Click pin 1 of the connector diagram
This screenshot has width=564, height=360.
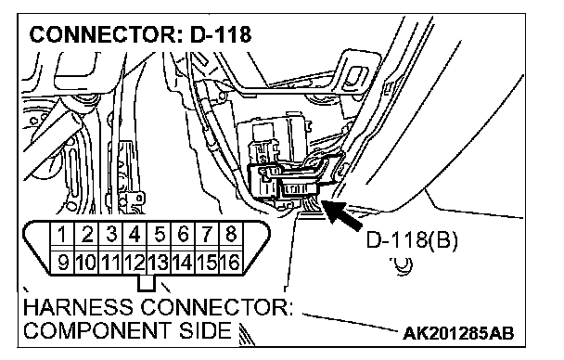pyautogui.click(x=62, y=234)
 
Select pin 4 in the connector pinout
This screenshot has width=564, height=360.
pyautogui.click(x=135, y=234)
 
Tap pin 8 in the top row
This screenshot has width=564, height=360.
pyautogui.click(x=231, y=234)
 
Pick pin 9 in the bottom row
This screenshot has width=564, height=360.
pyautogui.click(x=62, y=263)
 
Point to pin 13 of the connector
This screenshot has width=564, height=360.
pyautogui.click(x=159, y=263)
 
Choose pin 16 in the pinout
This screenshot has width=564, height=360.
pyautogui.click(x=231, y=263)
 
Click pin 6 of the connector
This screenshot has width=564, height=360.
pyautogui.click(x=183, y=234)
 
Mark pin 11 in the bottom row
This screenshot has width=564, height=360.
pyautogui.click(x=110, y=263)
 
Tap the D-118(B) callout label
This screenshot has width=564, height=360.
pyautogui.click(x=412, y=240)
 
